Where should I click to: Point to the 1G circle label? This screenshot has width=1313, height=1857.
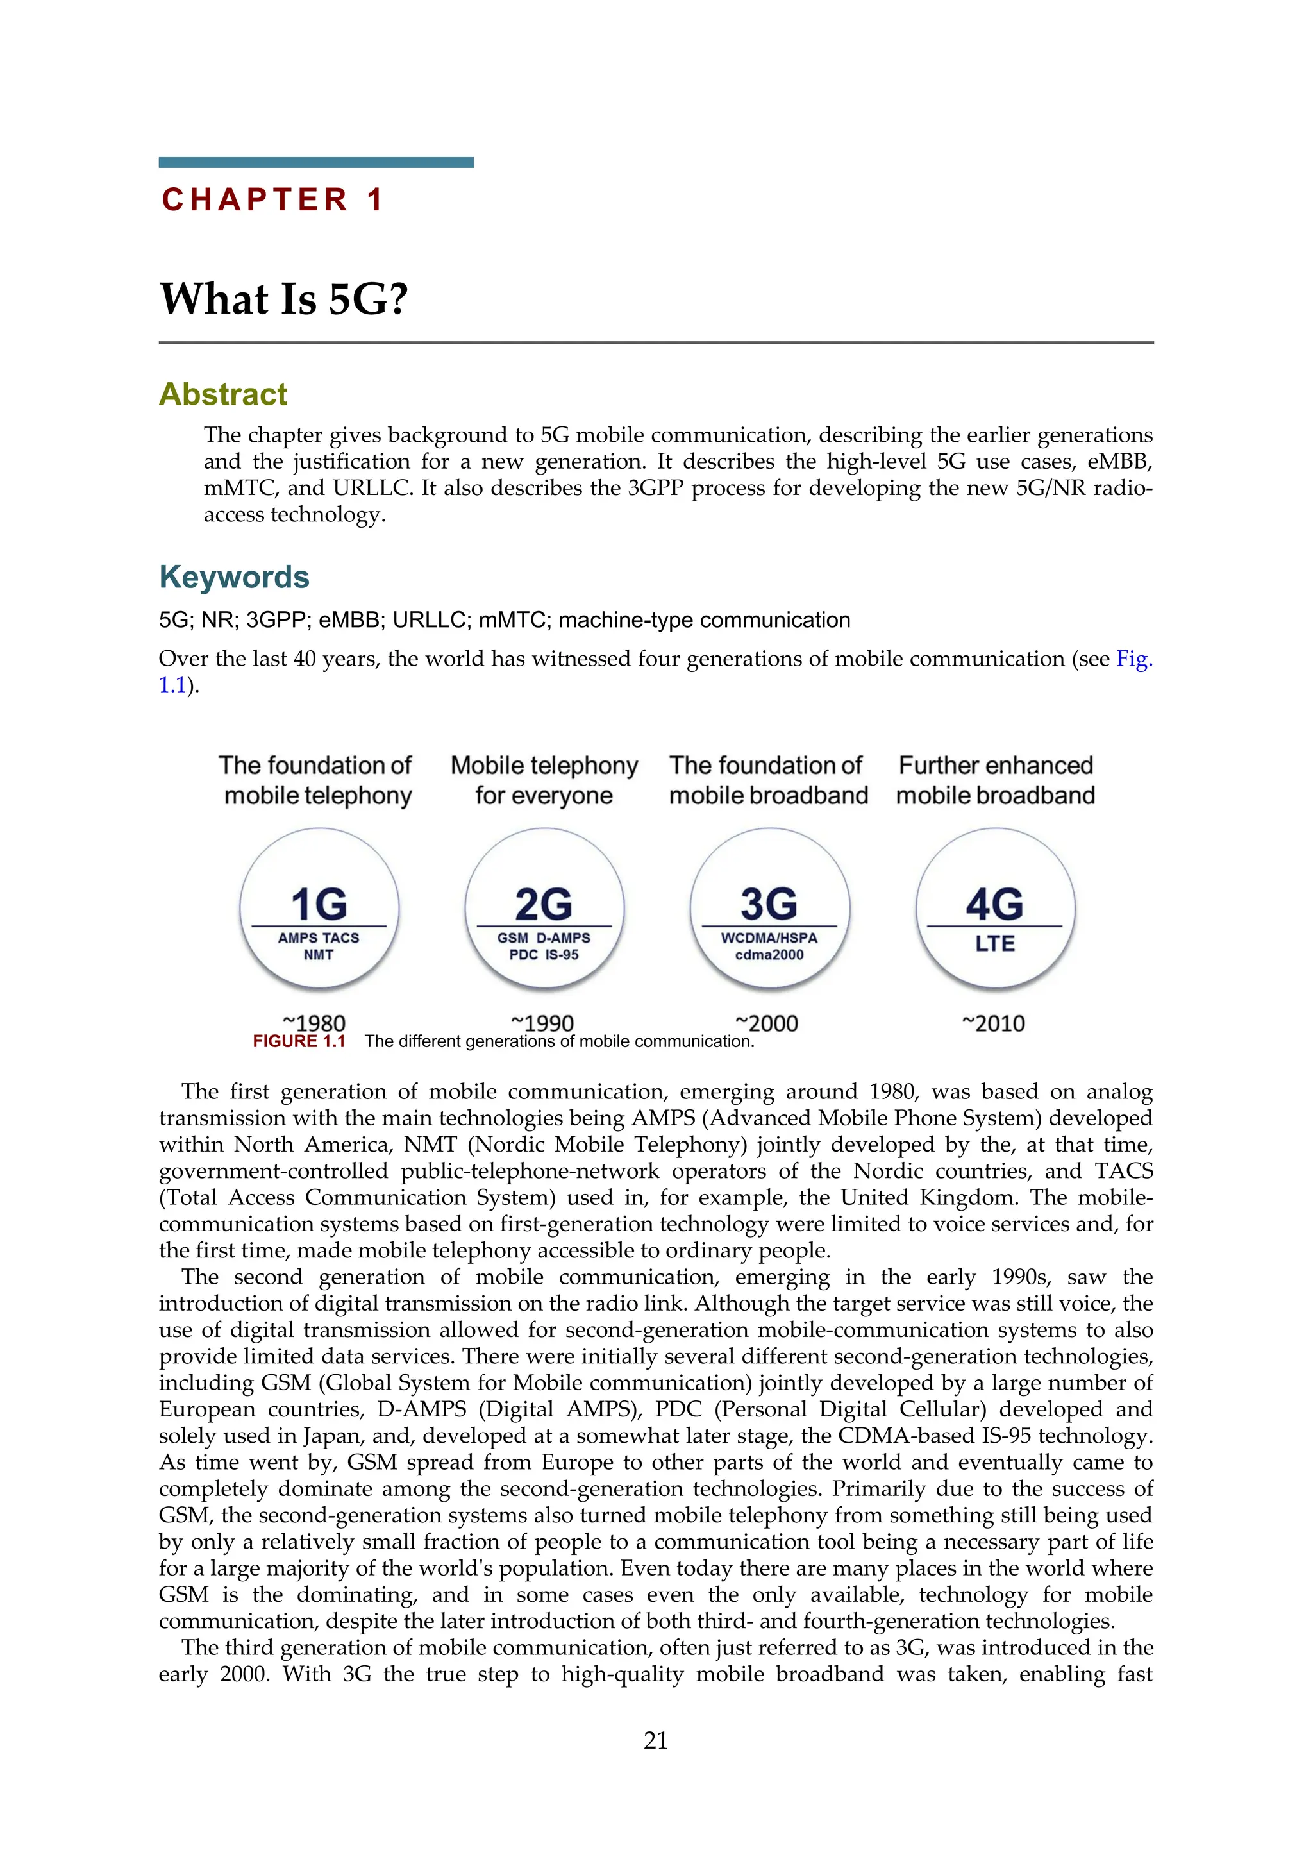tap(319, 904)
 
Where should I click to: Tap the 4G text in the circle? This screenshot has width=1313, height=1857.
tap(994, 904)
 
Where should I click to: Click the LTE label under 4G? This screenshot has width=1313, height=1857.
tap(994, 944)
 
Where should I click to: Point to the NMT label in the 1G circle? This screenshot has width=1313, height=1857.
tap(319, 955)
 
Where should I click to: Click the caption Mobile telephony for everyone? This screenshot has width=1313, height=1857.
tap(544, 780)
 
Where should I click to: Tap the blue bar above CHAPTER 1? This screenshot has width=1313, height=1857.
tap(315, 163)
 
